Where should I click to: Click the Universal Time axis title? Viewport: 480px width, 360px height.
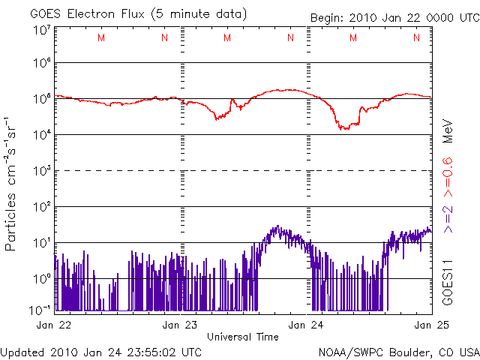coord(242,337)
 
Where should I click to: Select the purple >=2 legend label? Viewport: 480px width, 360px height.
coord(448,217)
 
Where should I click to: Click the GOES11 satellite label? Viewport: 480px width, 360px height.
coord(448,281)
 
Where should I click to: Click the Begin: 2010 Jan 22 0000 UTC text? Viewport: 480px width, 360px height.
coord(394,16)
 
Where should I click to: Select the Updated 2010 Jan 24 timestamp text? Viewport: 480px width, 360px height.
coord(101,350)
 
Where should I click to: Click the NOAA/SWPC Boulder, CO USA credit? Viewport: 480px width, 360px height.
coord(398,350)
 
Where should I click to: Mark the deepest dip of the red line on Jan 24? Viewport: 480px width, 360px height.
coord(343,129)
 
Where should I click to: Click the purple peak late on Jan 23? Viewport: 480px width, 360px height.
coord(277,226)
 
